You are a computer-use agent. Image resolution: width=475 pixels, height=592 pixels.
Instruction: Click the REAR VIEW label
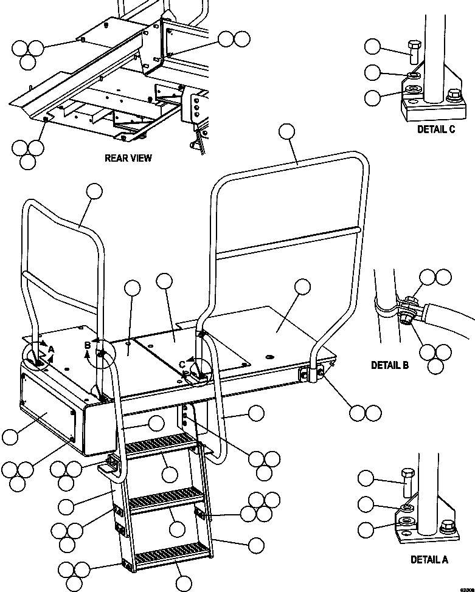pos(128,158)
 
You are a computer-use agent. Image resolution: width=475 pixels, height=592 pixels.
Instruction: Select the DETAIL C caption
pos(435,129)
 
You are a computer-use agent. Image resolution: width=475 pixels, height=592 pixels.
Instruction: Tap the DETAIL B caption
pos(390,365)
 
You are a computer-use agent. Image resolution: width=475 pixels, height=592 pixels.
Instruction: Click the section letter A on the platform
pos(52,349)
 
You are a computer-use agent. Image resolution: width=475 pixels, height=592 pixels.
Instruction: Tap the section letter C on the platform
pos(182,364)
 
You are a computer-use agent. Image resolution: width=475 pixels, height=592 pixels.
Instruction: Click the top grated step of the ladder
pos(162,443)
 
